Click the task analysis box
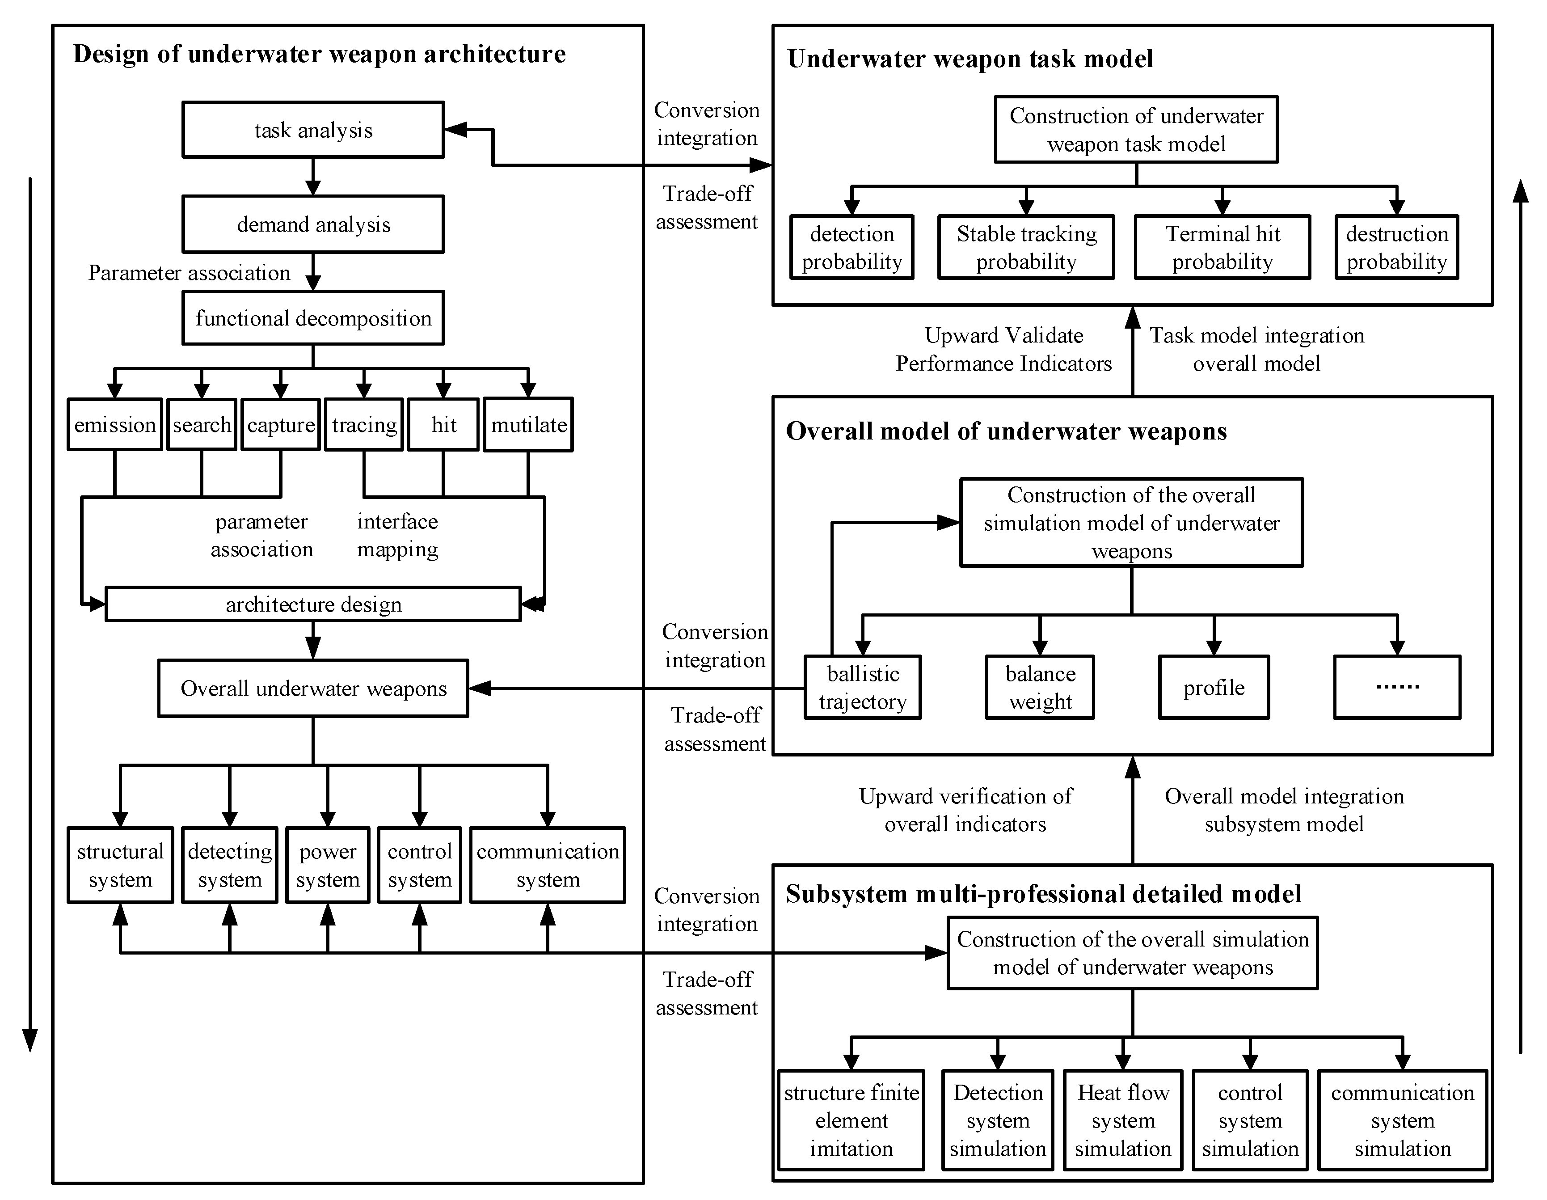pos(312,130)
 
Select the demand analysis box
pos(312,224)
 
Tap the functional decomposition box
pos(312,318)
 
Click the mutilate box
pos(528,424)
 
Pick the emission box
pos(115,424)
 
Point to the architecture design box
pos(312,604)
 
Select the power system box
pos(327,865)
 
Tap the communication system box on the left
pos(548,865)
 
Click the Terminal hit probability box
pos(1222,247)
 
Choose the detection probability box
pos(851,247)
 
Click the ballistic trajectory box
pos(862,687)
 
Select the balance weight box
pos(1040,687)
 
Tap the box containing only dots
pos(1397,687)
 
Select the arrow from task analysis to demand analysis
pos(312,177)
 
